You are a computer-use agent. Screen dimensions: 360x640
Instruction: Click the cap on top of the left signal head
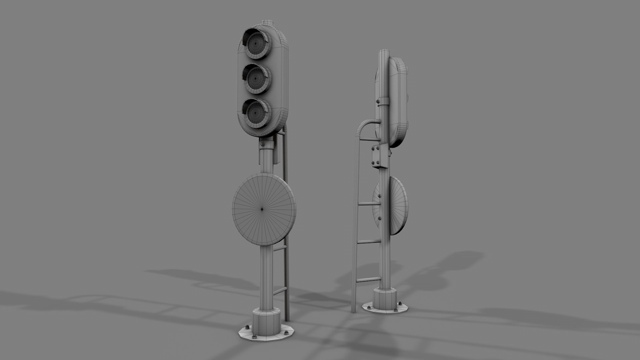[268, 23]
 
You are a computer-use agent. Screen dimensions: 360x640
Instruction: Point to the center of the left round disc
[262, 209]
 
